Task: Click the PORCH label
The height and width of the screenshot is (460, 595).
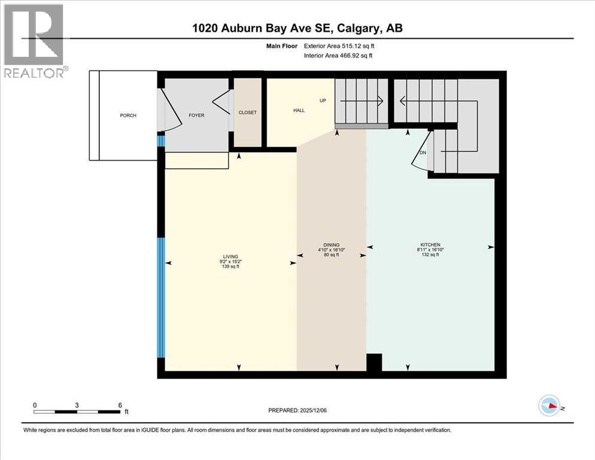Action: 128,115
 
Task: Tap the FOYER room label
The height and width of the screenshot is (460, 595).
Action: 196,115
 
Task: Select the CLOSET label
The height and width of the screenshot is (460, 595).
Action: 247,113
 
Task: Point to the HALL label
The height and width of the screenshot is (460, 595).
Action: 299,110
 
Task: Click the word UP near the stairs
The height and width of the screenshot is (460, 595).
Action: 323,101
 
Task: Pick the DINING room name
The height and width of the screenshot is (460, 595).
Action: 331,245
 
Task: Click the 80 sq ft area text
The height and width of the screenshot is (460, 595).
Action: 331,255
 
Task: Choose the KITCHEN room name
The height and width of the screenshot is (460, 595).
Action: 430,245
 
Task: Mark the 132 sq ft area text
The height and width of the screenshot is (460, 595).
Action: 430,255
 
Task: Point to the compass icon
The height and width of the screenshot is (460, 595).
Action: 549,405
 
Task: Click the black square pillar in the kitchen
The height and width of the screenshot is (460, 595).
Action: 374,362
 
